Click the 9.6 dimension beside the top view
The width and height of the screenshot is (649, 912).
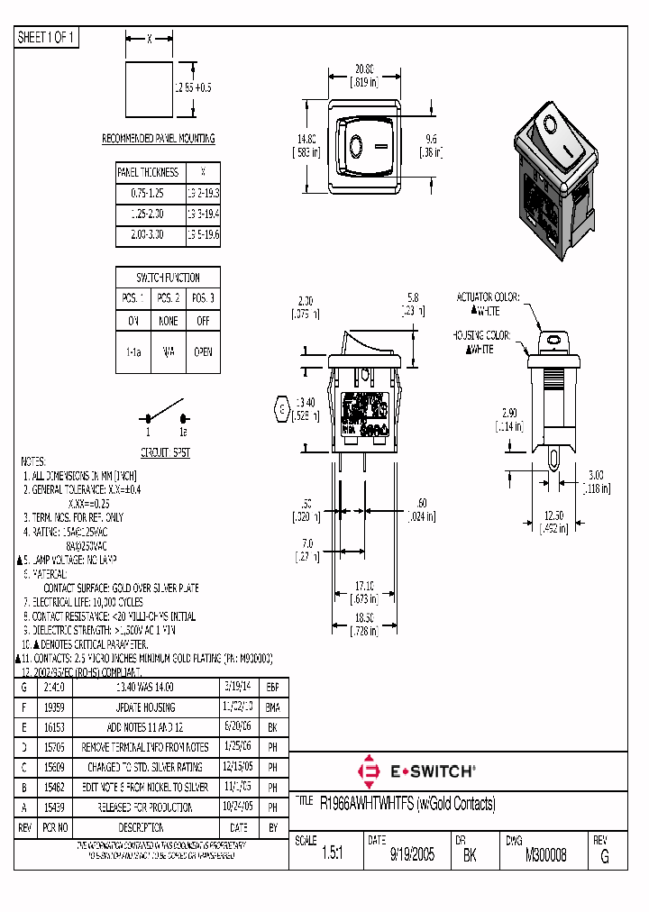click(x=431, y=139)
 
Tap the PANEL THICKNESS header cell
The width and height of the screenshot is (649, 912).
click(x=148, y=172)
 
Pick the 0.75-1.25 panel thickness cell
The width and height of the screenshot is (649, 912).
click(x=148, y=193)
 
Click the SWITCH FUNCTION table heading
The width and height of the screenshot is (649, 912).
click(x=168, y=278)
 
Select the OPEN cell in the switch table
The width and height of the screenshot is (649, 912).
click(x=203, y=353)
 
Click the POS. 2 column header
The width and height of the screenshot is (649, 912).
click(x=168, y=298)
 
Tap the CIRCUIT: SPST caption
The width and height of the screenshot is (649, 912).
click(x=166, y=452)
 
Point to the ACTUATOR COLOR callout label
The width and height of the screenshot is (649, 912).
click(x=489, y=296)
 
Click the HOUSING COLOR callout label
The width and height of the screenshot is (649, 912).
click(x=482, y=335)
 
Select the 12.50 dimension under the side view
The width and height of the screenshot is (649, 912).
click(x=553, y=515)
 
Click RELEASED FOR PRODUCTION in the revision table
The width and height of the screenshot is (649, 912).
click(x=144, y=807)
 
